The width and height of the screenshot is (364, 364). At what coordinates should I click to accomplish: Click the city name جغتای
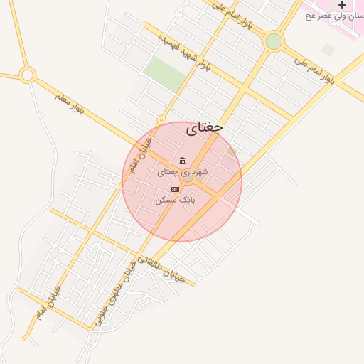[205, 129]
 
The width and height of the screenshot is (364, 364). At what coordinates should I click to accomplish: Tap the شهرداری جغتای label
[183, 172]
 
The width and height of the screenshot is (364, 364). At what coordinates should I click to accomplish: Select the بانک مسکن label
[175, 200]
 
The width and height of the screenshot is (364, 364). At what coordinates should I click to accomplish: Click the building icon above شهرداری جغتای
[183, 160]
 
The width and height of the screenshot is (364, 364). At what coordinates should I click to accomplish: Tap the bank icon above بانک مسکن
[176, 188]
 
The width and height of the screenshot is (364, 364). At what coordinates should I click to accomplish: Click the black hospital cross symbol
[342, 5]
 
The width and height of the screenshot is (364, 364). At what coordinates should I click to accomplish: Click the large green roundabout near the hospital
[274, 41]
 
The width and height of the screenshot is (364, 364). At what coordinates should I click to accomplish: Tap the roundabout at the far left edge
[28, 74]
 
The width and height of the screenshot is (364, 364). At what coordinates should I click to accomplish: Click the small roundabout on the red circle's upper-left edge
[162, 120]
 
